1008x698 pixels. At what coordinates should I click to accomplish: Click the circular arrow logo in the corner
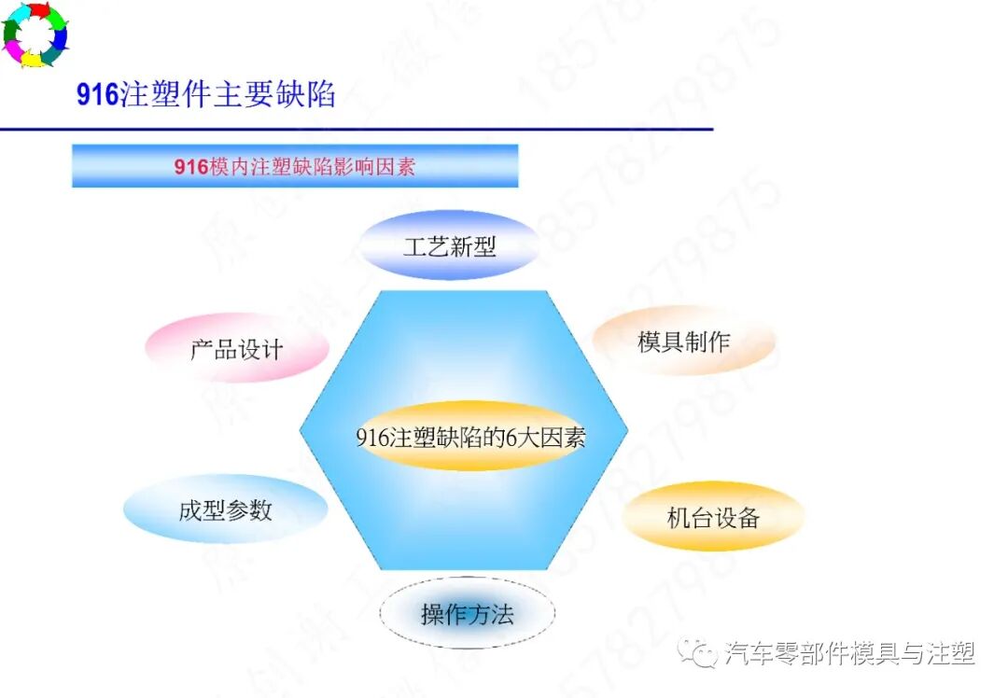tap(35, 35)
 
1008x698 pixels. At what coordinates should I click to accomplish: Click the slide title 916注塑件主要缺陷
tap(205, 95)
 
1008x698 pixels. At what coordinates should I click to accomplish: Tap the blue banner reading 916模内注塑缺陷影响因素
tap(295, 166)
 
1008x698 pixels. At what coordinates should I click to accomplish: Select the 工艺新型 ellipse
tap(450, 245)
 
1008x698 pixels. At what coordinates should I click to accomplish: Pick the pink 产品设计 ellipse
tap(237, 349)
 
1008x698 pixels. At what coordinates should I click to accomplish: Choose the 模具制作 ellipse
tap(684, 342)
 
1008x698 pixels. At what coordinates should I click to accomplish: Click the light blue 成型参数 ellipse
tap(226, 510)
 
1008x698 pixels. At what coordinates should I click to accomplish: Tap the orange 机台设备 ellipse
tap(713, 517)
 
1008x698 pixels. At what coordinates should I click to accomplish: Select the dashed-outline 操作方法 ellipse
tap(468, 614)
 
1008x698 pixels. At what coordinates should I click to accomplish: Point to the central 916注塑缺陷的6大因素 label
tap(470, 437)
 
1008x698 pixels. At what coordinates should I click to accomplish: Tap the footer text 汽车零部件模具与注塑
tap(849, 653)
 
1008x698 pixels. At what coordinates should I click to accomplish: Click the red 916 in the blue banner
tap(190, 167)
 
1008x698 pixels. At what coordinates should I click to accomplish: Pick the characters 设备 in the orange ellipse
tap(737, 518)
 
